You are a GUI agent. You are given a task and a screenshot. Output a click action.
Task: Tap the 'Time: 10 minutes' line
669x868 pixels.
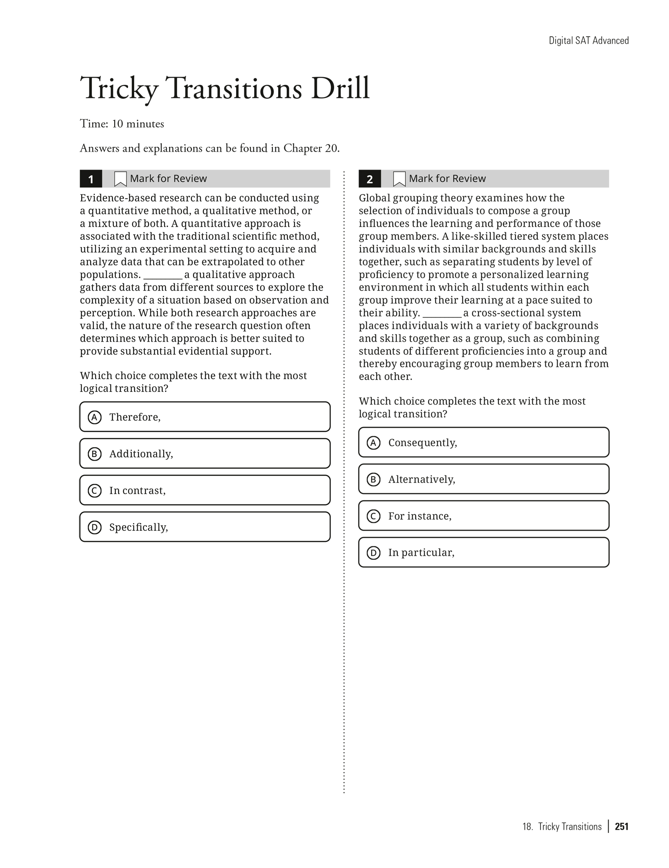[x=122, y=124]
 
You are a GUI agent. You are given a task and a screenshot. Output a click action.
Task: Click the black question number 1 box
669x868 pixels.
[x=91, y=179]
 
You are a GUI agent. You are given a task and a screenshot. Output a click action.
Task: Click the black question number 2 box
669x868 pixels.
[x=370, y=179]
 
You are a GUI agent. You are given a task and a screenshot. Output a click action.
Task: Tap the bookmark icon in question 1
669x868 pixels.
[x=120, y=179]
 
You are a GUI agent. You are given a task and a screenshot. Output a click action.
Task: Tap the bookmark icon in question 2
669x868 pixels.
[x=399, y=179]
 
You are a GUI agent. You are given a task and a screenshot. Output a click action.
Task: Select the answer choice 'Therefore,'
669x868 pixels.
[x=205, y=417]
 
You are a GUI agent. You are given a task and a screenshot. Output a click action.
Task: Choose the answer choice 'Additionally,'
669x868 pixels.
[x=205, y=453]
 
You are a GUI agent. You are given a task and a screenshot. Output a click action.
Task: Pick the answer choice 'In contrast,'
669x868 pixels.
[x=205, y=490]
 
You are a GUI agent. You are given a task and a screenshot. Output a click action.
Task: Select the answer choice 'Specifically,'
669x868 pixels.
[x=205, y=527]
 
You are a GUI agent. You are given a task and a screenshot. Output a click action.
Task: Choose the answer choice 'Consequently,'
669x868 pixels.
[x=483, y=442]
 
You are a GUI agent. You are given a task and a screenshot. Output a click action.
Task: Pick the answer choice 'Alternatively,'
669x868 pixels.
[x=483, y=479]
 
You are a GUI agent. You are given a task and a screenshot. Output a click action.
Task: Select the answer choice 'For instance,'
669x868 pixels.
[x=483, y=516]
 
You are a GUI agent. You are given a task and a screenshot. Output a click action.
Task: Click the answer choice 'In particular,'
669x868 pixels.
[x=483, y=552]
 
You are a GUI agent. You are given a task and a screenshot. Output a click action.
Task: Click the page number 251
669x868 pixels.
[x=622, y=826]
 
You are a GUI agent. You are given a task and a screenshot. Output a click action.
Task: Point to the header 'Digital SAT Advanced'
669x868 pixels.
[x=588, y=40]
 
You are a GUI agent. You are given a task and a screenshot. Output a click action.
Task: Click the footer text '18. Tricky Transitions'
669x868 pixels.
[x=562, y=826]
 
